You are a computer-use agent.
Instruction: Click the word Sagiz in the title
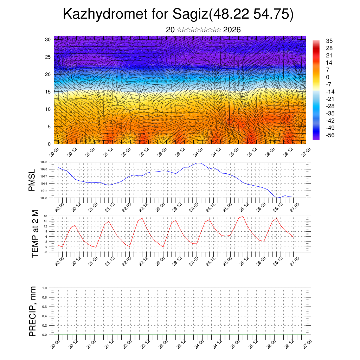click(x=190, y=14)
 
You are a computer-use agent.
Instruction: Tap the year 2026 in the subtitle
click(x=232, y=30)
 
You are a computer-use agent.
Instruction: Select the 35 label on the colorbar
click(x=329, y=41)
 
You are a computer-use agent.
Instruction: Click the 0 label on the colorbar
click(x=328, y=77)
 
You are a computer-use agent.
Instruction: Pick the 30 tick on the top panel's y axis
click(x=47, y=39)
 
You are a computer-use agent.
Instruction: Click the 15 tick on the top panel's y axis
click(x=47, y=92)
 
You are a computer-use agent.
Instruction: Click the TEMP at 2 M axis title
click(x=35, y=233)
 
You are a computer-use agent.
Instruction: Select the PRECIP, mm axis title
click(x=33, y=311)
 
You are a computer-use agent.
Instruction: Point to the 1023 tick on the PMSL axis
click(x=44, y=162)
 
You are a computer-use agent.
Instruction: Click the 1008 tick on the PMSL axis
click(x=44, y=198)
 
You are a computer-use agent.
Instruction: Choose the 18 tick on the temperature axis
click(x=45, y=216)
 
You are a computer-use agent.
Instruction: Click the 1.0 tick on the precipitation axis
click(x=44, y=288)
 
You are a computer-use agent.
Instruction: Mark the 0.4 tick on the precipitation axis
click(x=44, y=316)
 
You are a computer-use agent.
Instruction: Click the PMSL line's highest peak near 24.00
click(x=198, y=163)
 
